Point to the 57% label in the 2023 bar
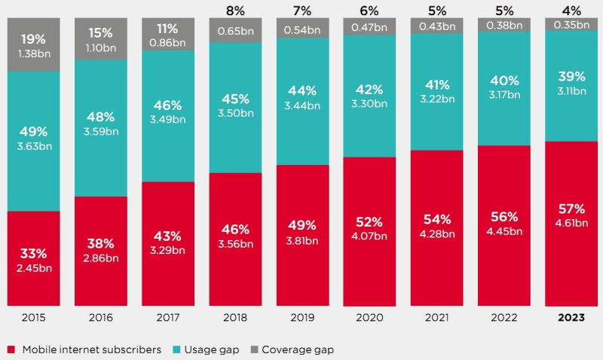tap(571, 208)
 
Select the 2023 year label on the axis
tap(571, 318)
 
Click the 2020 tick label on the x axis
tap(369, 318)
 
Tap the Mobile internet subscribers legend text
tap(91, 349)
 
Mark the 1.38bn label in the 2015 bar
tap(34, 55)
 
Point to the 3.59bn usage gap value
tap(101, 130)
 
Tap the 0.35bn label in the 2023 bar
tap(571, 24)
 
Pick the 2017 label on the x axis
tap(168, 318)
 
